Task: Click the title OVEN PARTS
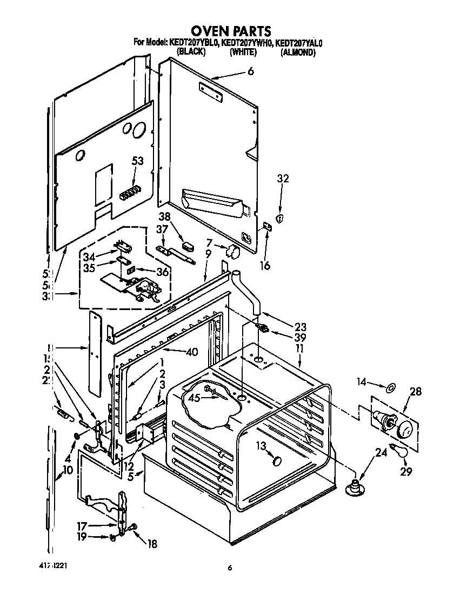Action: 233,30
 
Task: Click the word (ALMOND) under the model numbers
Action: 298,52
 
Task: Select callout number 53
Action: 138,161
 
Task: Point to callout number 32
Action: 283,179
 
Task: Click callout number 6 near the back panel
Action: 250,71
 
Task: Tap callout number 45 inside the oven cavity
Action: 194,398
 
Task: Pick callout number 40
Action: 191,352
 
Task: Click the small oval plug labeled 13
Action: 278,460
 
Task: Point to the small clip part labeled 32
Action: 279,218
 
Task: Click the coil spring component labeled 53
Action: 130,192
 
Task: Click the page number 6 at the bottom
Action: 230,568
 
